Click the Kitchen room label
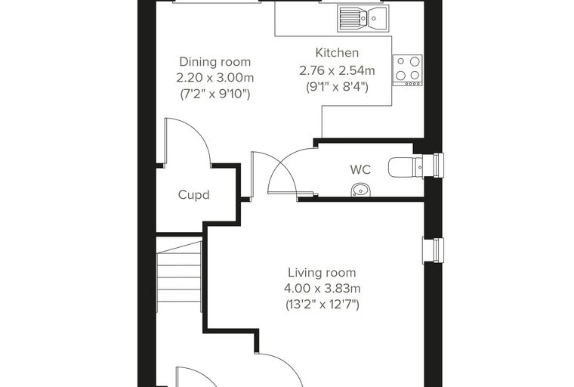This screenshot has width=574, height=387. pos(337,53)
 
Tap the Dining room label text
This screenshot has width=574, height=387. pos(215,62)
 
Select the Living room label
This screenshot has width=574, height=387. pos(322,273)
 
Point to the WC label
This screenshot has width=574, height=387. pos(360,169)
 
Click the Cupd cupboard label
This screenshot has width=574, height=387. pos(193,194)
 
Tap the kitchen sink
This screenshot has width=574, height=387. pos(362,17)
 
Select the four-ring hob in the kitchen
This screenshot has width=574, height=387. pos(407,70)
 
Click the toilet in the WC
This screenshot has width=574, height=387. pos(406,168)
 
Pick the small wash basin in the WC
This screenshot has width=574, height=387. pos(361,190)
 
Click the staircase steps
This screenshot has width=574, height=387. pos(180,276)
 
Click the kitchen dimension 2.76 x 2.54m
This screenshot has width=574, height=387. pos(337,70)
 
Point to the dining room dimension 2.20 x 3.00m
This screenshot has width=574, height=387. pos(215,78)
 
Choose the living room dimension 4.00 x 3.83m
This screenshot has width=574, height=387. pos(322,289)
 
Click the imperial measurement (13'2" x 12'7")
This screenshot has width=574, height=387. pos(322,305)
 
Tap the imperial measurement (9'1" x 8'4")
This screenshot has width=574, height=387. pos(337,87)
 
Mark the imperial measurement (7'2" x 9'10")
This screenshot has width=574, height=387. pos(215,94)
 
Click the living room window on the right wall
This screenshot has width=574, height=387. pos(434,250)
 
